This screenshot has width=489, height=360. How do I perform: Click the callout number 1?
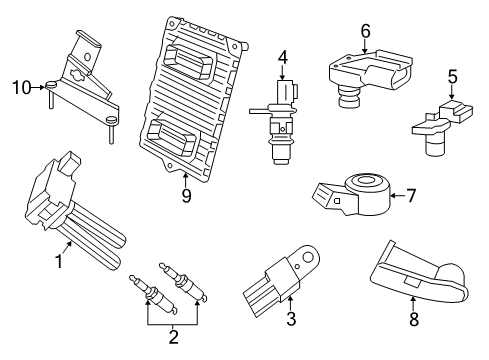58,262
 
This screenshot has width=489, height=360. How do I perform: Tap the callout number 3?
291,318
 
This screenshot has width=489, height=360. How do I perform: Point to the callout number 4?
283,56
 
